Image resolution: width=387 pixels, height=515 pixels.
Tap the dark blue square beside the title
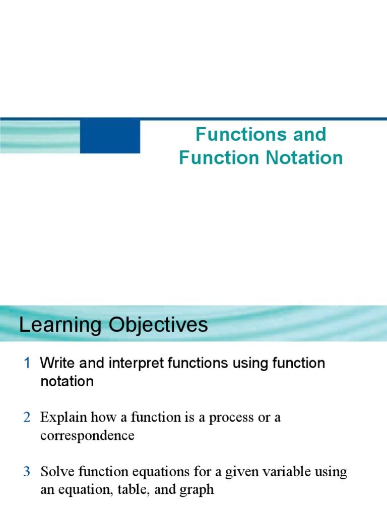pos(110,136)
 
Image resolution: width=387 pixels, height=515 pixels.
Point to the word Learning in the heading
pos(55,325)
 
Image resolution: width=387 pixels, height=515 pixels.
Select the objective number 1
pos(28,363)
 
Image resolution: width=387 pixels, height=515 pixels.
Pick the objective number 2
pos(27,417)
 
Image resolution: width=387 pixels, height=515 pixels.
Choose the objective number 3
pos(27,472)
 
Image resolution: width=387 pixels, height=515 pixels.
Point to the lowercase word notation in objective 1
pos(67,381)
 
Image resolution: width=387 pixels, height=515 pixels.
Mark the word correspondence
pos(87,436)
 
